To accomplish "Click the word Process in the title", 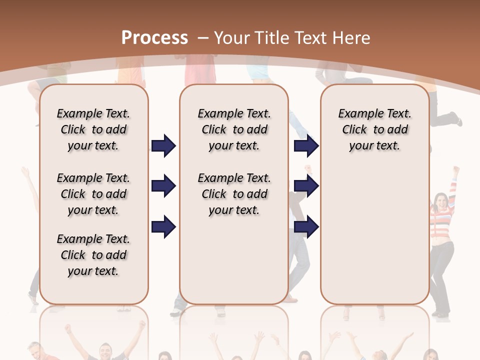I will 154,38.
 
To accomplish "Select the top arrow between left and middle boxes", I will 163,145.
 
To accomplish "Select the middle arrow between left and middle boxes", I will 163,186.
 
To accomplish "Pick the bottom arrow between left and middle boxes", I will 163,227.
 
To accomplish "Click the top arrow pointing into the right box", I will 306,145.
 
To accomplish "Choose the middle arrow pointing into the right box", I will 306,186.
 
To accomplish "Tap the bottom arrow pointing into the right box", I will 306,227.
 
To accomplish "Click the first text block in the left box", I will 93,129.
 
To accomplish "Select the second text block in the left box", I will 93,194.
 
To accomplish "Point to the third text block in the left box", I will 93,255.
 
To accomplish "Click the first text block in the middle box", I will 234,129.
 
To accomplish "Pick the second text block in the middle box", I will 234,194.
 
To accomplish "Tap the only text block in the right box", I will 374,129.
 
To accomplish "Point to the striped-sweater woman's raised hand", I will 455,170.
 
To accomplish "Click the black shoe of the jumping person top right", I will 454,119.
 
